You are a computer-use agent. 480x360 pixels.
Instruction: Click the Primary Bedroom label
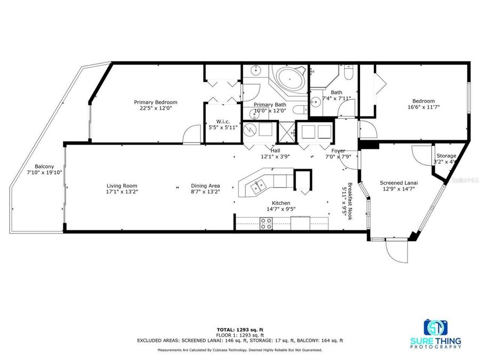(x=155, y=102)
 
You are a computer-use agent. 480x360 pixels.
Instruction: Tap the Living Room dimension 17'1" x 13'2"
(x=122, y=193)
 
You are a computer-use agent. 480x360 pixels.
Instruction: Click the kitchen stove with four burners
(x=266, y=226)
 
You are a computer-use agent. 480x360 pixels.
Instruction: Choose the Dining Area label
(x=205, y=186)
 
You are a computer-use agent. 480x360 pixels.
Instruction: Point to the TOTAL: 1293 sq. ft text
(x=239, y=329)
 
